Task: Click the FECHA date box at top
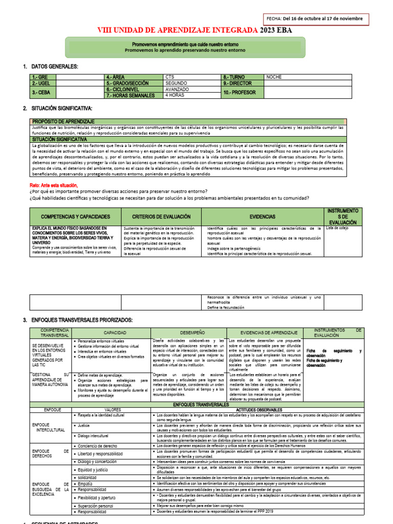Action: pyautogui.click(x=315, y=18)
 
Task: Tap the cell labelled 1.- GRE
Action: pyautogui.click(x=41, y=77)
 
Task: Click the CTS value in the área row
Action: pyautogui.click(x=170, y=77)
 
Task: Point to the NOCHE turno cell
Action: pyautogui.click(x=274, y=77)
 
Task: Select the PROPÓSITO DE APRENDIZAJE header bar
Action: pyautogui.click(x=63, y=121)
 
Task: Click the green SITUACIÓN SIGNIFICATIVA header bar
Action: pyautogui.click(x=59, y=139)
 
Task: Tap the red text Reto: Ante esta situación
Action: pyautogui.click(x=54, y=185)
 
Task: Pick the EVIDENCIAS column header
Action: pyautogui.click(x=263, y=217)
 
